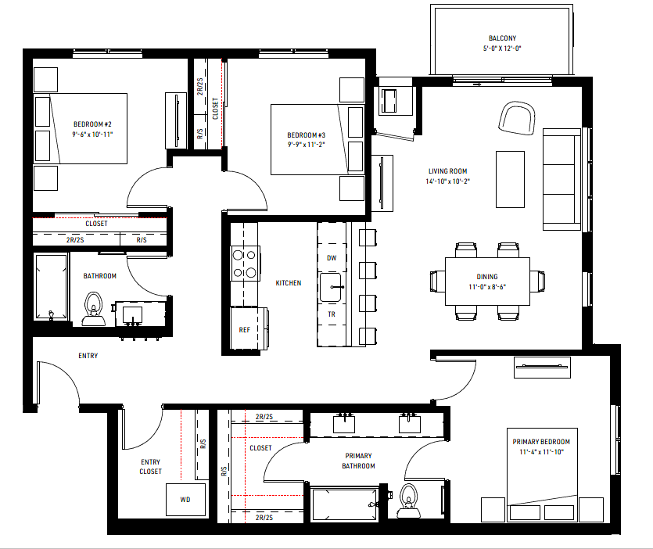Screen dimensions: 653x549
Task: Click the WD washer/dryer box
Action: point(186,500)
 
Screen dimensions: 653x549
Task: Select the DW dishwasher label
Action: point(332,258)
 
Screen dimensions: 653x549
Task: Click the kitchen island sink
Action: point(330,288)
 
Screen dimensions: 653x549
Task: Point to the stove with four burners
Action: point(246,264)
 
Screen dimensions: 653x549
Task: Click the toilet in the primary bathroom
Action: point(408,501)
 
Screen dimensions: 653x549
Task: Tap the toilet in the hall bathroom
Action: point(93,309)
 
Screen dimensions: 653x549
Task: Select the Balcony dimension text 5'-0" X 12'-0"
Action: point(502,48)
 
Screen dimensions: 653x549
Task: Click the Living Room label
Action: point(447,171)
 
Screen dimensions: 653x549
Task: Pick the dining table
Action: point(488,282)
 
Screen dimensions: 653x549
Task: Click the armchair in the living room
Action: point(517,118)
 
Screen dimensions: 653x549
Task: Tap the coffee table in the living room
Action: point(510,179)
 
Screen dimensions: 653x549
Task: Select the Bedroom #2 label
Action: point(92,124)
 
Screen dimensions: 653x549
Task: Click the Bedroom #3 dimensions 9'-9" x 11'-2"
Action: point(306,145)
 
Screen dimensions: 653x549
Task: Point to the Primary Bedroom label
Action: point(541,442)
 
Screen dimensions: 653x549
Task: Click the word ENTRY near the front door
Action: point(88,356)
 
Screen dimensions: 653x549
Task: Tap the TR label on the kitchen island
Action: point(332,314)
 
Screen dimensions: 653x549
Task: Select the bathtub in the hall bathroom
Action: point(52,286)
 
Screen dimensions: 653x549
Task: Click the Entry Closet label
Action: point(151,467)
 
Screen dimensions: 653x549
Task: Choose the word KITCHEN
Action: point(289,283)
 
